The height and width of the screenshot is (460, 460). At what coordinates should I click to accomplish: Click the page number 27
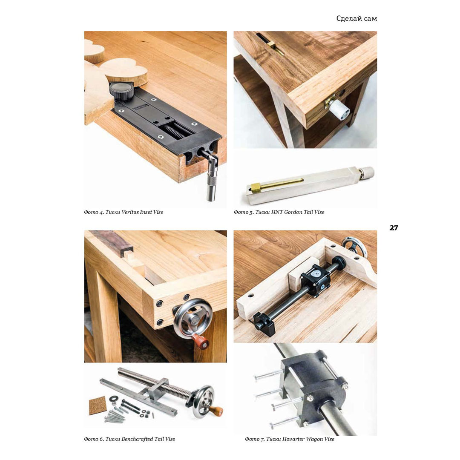pos(394,228)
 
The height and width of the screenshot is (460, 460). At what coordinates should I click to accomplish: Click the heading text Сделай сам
pos(356,19)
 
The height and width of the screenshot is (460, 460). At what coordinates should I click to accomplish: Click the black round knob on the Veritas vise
pos(122,91)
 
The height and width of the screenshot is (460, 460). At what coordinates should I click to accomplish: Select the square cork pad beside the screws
pos(97,405)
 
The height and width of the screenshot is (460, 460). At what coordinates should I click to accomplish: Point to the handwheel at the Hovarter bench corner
pos(355,246)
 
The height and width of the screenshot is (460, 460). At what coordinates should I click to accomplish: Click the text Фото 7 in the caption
pos(255,439)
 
